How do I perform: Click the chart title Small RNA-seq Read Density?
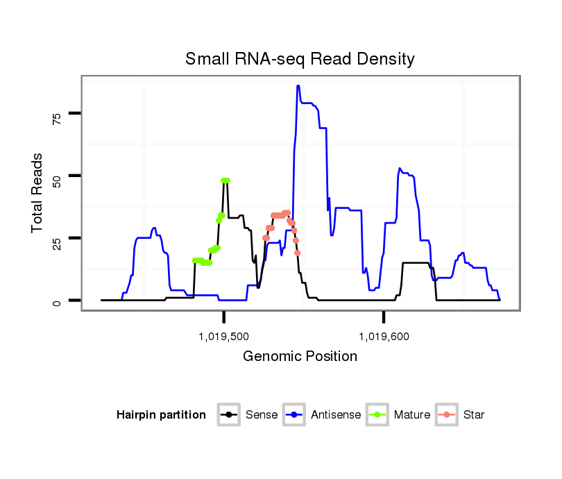(300, 59)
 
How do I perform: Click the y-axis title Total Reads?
(37, 193)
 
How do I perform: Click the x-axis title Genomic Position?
(300, 357)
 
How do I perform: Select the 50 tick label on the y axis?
(58, 179)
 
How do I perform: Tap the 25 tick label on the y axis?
(58, 241)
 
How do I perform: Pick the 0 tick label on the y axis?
(58, 303)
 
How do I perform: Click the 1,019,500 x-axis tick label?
(223, 337)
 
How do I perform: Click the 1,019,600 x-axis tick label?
(384, 337)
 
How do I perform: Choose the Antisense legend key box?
(294, 415)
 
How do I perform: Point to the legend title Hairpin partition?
(161, 415)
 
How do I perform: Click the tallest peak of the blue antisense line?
(298, 86)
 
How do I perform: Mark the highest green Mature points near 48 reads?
(225, 180)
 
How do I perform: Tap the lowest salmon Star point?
(298, 253)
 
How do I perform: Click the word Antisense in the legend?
(336, 415)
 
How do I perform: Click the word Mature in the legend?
(412, 415)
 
